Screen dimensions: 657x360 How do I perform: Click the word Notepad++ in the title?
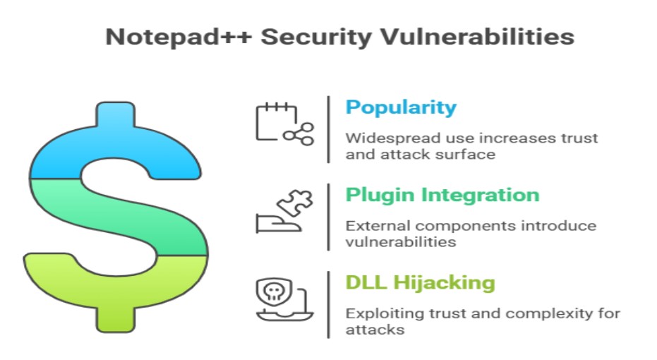179,37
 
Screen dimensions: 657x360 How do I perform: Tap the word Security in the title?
316,38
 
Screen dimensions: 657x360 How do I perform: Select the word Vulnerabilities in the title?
477,37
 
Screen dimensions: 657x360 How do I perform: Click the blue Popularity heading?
401,108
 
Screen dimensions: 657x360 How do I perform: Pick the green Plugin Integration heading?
442,196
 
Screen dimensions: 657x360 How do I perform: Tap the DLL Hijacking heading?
421,283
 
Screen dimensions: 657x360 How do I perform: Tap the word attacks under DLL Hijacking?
375,330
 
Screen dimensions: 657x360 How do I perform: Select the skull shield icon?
284,299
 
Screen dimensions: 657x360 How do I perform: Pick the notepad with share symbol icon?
284,124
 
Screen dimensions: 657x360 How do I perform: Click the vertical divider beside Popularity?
329,129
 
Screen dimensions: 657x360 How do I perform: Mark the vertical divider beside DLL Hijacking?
329,305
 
